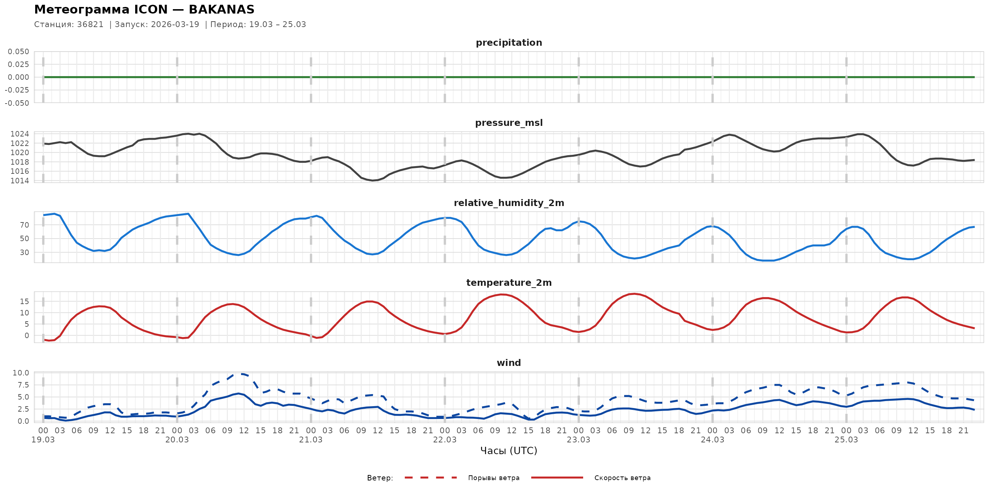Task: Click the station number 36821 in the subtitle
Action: [90, 25]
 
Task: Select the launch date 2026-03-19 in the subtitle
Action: [175, 25]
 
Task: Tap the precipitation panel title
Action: [509, 42]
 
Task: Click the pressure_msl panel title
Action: [509, 123]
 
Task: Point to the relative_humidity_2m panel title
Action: [509, 203]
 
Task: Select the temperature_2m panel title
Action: [509, 282]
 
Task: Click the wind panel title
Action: [509, 363]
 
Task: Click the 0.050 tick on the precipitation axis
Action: [18, 51]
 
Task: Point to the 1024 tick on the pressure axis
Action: [19, 134]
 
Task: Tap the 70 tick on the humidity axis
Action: [24, 225]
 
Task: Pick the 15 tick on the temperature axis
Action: [24, 302]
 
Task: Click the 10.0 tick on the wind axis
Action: [21, 373]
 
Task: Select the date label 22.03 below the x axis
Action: [445, 440]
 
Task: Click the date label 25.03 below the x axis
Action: [846, 440]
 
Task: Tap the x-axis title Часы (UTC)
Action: [509, 451]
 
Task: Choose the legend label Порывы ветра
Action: [494, 478]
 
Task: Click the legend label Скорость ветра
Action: [622, 478]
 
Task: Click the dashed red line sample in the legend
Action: [431, 478]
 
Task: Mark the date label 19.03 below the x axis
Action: [43, 440]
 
